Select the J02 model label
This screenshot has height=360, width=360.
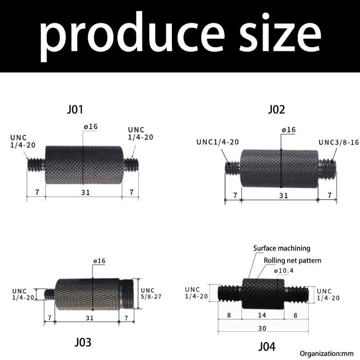(x=276, y=109)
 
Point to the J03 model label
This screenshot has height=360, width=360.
(x=82, y=342)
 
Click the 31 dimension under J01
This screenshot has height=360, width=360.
(x=85, y=192)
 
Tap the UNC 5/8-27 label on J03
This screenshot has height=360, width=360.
(x=151, y=294)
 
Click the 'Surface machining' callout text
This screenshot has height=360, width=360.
(x=282, y=248)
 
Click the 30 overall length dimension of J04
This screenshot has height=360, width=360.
(x=262, y=328)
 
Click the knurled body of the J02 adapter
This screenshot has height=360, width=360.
(x=279, y=169)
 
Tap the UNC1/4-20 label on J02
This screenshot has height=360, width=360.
(x=217, y=142)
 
